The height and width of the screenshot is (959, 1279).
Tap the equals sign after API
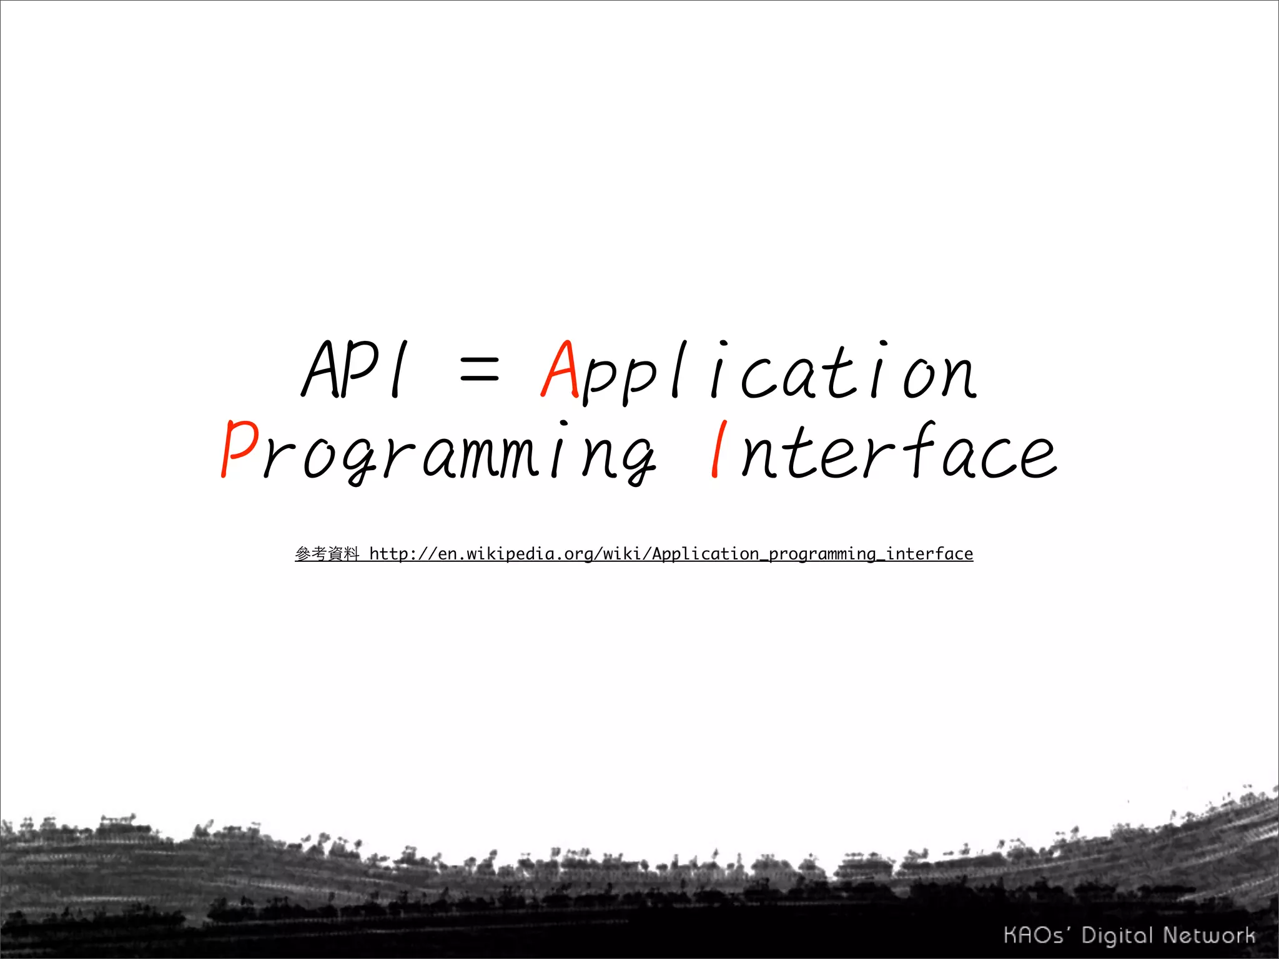[x=479, y=370]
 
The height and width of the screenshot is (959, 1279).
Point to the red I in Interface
[x=719, y=449]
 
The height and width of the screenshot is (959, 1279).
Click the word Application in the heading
[x=758, y=372]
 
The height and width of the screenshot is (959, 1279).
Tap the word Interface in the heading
[x=883, y=450]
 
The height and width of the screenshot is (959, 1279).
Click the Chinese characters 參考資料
[x=327, y=554]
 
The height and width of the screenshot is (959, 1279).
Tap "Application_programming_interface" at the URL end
[x=812, y=554]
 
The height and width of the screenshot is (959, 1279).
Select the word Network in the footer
[x=1209, y=935]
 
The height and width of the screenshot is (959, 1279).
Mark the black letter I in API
[x=398, y=370]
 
